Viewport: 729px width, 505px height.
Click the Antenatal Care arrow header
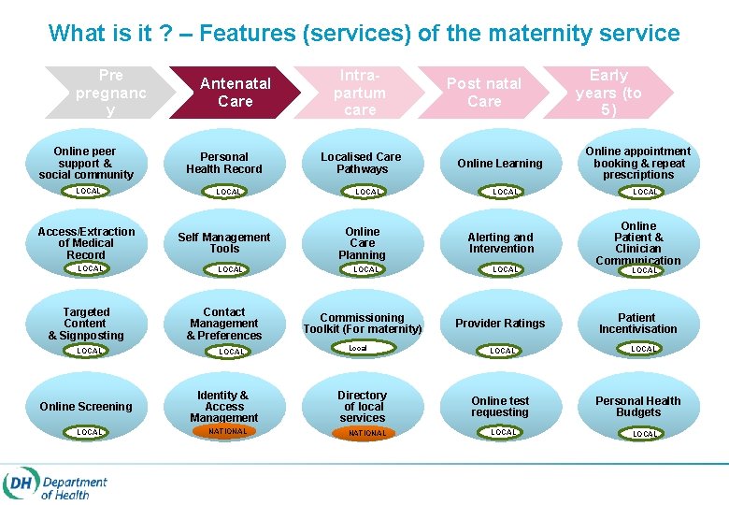click(x=235, y=92)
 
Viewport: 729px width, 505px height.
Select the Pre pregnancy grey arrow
click(x=110, y=92)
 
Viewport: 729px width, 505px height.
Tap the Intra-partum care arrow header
click(x=360, y=92)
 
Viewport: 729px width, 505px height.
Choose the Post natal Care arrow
click(x=484, y=92)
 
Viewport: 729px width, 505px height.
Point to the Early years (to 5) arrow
click(x=608, y=92)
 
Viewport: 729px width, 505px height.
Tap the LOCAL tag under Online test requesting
click(x=504, y=432)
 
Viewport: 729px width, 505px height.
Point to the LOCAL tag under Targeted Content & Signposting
click(x=90, y=351)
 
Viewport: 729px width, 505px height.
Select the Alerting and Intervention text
click(x=501, y=243)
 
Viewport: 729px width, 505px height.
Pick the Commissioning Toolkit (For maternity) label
click(x=362, y=324)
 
